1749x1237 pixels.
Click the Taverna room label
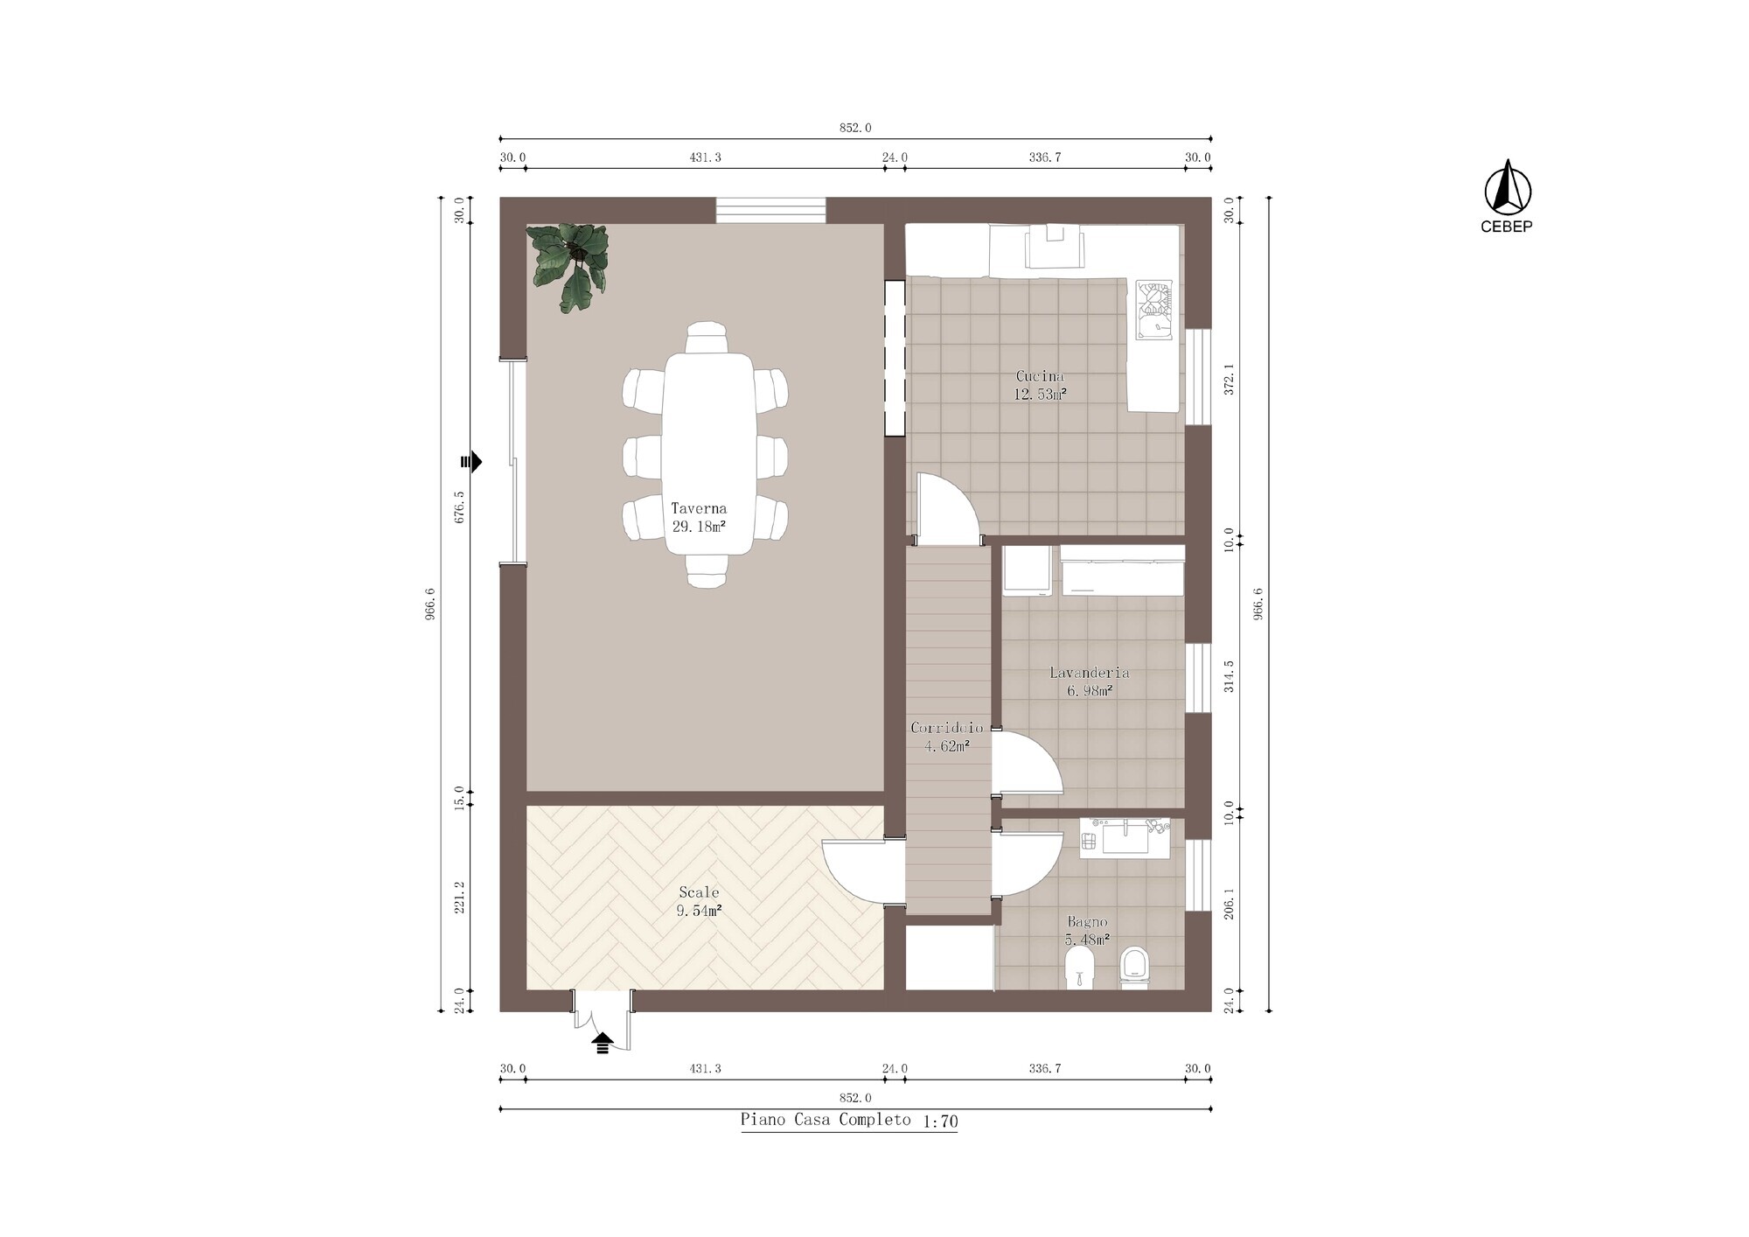point(699,508)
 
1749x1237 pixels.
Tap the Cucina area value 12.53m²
point(1040,395)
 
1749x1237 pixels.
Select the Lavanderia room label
point(1089,673)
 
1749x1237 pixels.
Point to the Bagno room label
point(1087,922)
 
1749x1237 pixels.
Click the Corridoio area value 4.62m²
point(947,746)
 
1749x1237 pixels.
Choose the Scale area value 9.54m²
point(699,911)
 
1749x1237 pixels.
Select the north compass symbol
point(1508,187)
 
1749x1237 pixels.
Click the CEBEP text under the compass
point(1507,227)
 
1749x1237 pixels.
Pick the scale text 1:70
point(940,1122)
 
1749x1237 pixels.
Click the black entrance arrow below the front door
point(603,1042)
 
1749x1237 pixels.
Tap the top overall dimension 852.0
point(855,128)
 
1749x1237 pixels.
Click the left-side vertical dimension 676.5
point(460,507)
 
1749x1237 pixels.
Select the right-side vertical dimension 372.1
point(1229,379)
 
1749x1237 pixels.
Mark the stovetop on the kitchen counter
point(1153,309)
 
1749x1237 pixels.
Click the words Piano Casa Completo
point(825,1120)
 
